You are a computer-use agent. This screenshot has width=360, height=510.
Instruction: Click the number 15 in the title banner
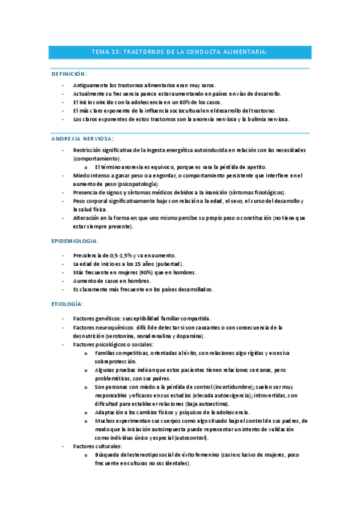click(115, 52)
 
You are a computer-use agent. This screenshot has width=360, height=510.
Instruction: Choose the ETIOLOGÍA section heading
click(68, 304)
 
